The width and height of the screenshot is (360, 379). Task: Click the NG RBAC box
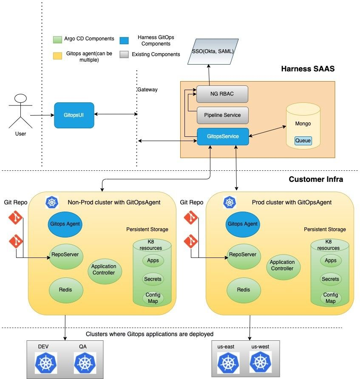coord(222,94)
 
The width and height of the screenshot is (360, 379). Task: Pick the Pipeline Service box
coord(222,115)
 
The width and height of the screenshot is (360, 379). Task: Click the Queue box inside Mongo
coord(303,141)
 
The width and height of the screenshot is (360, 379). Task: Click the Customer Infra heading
coord(316,179)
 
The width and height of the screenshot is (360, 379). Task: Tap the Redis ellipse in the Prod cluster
coord(244,290)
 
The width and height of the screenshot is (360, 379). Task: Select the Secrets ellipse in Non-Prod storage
coord(153,279)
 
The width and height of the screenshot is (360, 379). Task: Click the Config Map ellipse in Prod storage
coord(330,298)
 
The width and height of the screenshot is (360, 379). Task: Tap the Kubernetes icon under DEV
coord(46,363)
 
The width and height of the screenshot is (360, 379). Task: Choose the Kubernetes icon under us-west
coord(260,362)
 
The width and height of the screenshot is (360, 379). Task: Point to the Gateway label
coord(147,90)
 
